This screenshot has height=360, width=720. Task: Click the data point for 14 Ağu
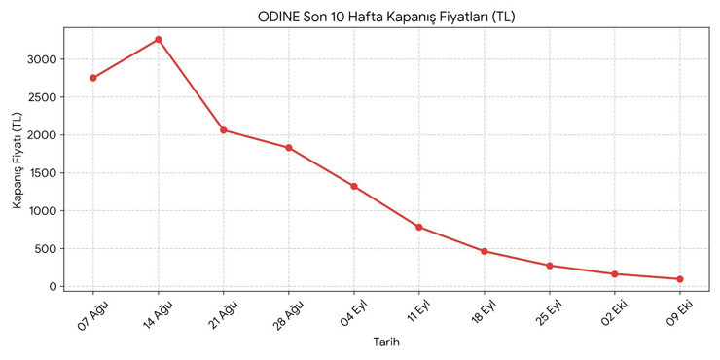159,40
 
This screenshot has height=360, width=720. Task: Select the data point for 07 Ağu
93,78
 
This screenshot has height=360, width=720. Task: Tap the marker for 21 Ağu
224,130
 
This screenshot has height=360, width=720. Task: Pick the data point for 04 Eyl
354,187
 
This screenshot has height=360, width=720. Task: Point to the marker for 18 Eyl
485,251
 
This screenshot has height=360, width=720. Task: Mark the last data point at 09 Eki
680,279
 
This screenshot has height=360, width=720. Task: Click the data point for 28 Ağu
289,148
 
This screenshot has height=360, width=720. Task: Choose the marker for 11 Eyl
419,228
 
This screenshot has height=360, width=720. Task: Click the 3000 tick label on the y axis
43,59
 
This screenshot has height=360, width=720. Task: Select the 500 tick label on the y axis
47,249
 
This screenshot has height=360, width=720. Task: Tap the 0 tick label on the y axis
54,286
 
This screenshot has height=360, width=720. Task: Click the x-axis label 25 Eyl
549,314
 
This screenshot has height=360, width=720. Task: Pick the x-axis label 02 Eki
614,314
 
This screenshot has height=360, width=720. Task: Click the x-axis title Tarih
386,342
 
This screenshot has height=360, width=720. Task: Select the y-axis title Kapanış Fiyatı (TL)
17,161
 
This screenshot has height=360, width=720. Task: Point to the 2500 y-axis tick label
43,97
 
